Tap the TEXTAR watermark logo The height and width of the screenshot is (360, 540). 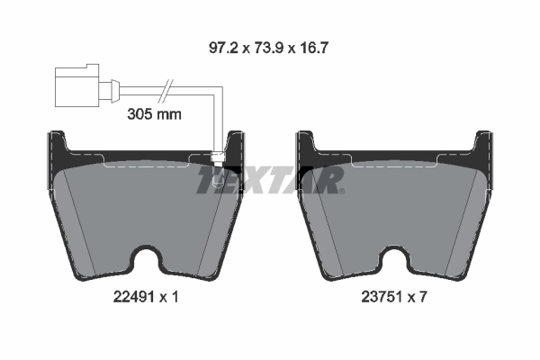pyautogui.click(x=270, y=181)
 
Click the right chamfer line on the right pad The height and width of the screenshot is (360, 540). pyautogui.click(x=466, y=216)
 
